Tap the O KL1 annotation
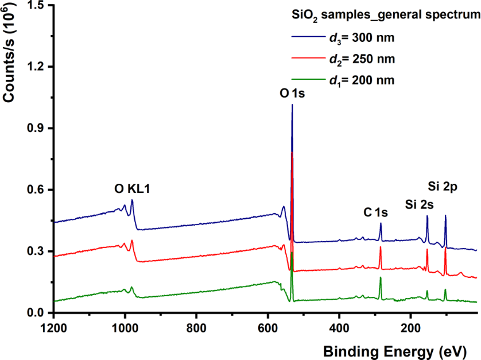point(133,189)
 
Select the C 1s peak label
point(376,212)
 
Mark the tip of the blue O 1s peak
point(292,104)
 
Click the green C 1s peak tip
point(380,277)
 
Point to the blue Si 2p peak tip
point(445,215)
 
